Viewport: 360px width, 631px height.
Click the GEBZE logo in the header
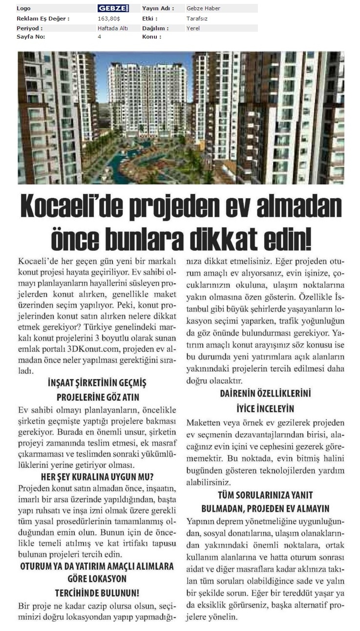coord(113,8)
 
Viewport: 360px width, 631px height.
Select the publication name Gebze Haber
coord(203,8)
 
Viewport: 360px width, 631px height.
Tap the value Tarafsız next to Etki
coord(196,19)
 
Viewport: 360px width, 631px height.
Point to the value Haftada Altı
coord(112,28)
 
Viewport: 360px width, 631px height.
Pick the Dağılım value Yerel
coord(193,28)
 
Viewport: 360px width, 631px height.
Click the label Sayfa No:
coord(31,37)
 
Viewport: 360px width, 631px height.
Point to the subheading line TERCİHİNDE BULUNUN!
coord(97,593)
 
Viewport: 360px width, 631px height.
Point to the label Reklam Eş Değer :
coord(43,19)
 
